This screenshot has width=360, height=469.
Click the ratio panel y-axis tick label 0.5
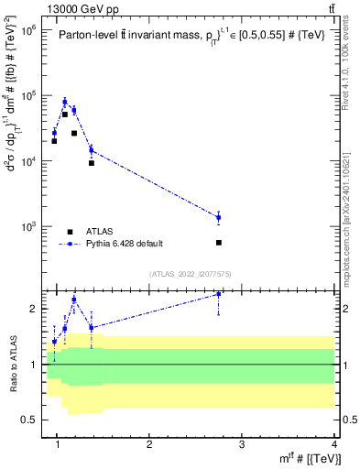pyautogui.click(x=29, y=420)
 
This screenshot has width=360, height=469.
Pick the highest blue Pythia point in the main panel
pyautogui.click(x=65, y=102)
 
